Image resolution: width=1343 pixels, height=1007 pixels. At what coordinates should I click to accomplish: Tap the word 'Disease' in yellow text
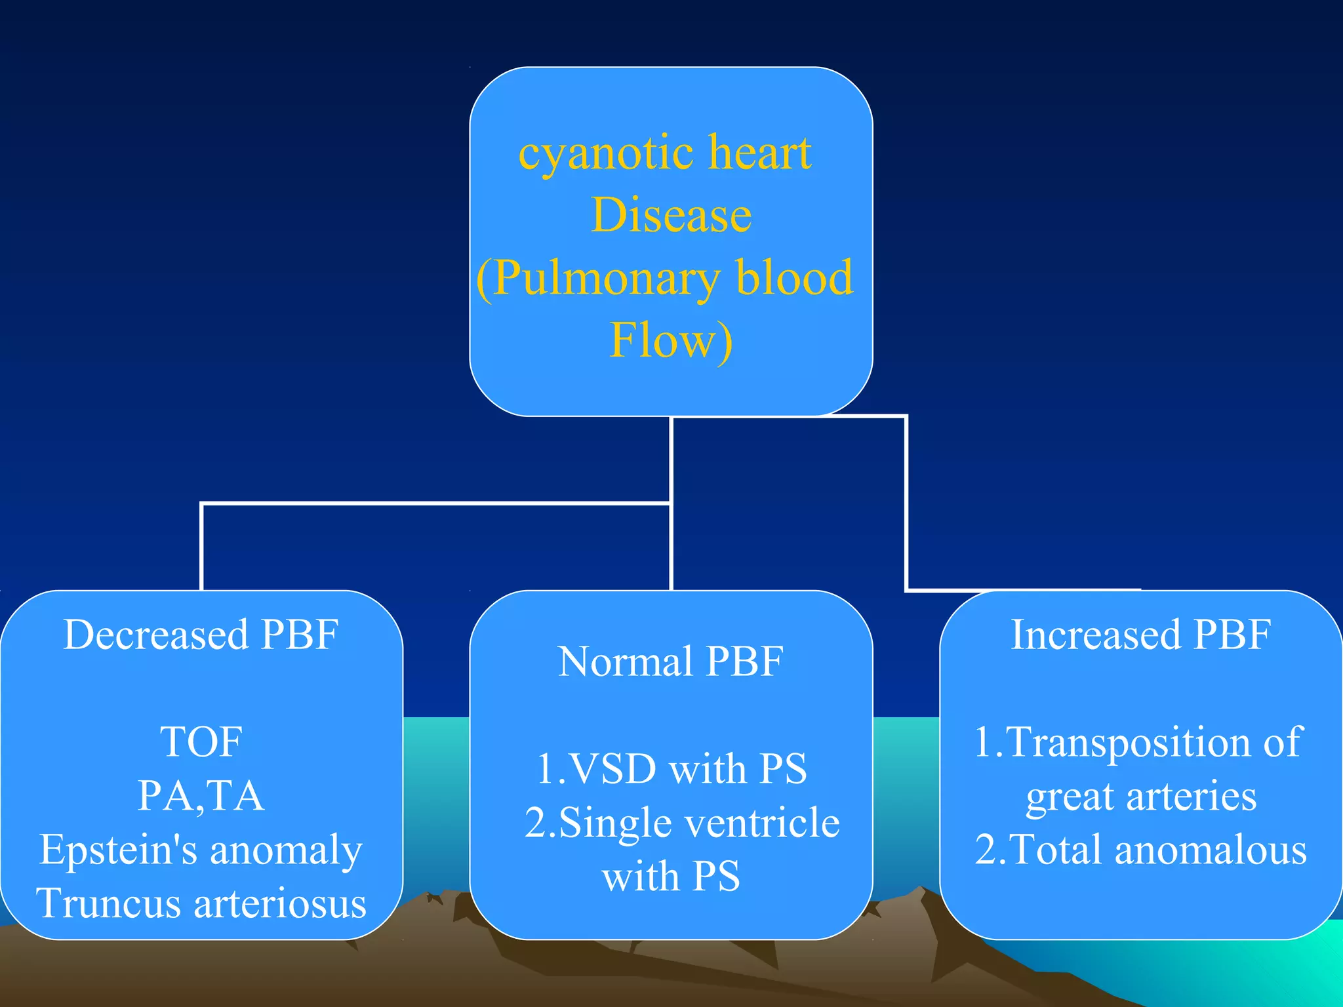point(671,215)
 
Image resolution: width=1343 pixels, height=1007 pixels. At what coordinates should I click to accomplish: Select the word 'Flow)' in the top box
point(671,340)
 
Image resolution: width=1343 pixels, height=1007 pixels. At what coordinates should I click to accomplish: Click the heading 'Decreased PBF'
point(201,635)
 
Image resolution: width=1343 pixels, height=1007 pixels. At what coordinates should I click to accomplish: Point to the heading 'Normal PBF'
point(670,661)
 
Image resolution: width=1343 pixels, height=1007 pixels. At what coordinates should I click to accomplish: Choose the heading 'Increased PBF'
point(1140,635)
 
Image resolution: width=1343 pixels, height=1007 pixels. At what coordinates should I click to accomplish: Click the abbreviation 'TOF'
point(201,742)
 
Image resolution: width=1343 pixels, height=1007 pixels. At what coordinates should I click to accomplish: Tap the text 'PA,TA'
point(201,796)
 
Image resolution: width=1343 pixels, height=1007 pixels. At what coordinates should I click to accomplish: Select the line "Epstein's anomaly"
point(201,850)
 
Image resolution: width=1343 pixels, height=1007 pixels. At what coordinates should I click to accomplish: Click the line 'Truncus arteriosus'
point(201,903)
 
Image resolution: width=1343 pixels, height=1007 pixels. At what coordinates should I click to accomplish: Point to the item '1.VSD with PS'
point(671,769)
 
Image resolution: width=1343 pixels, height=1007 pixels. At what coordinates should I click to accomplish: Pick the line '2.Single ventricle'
point(682,823)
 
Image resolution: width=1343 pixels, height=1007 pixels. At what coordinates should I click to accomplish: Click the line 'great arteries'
point(1141,797)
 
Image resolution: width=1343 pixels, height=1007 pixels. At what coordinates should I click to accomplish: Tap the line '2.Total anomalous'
point(1140,850)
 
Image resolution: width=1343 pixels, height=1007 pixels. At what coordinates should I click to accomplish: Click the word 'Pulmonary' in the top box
point(606,278)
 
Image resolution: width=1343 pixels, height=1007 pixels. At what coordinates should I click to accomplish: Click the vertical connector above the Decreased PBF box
point(201,547)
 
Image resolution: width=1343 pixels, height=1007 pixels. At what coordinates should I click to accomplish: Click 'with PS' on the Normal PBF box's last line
point(671,877)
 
